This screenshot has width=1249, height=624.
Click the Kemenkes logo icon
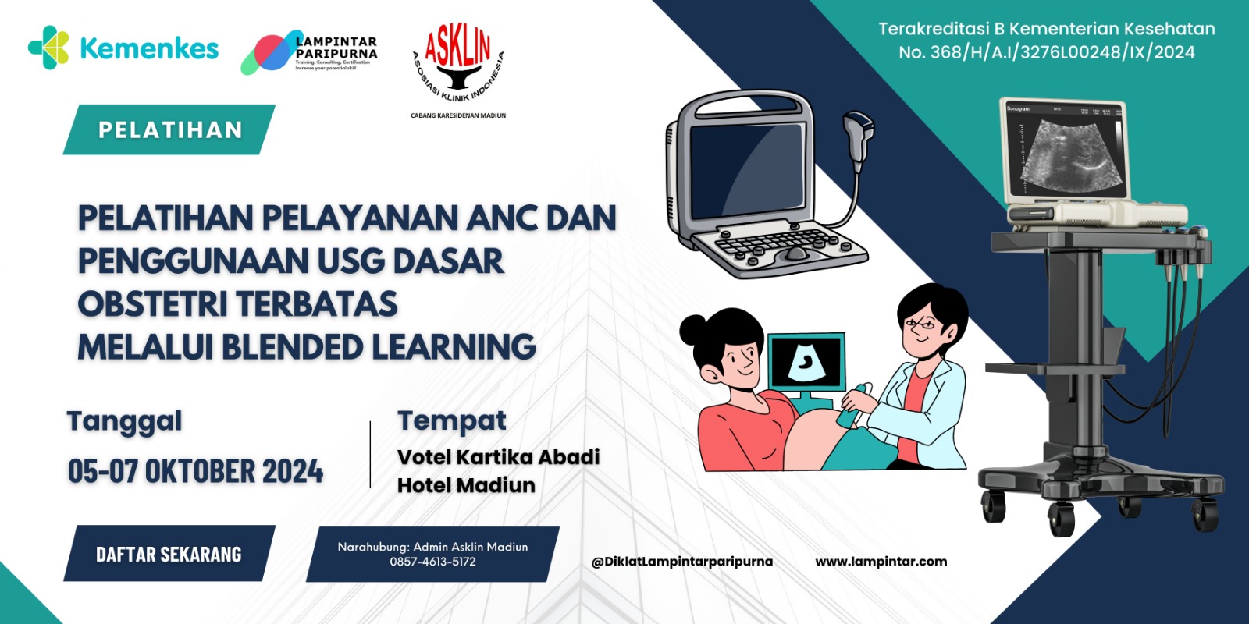coord(48,48)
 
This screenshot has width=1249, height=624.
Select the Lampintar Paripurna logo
coord(309,52)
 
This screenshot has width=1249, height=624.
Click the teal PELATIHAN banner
coord(169,129)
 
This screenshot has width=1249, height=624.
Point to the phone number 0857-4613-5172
coord(432,562)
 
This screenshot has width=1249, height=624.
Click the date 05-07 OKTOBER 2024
coord(195,471)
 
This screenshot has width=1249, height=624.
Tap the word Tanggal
coord(125,422)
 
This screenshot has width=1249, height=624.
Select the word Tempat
coord(452,421)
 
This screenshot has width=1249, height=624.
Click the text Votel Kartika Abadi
coord(498,456)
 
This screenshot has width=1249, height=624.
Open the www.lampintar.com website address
coord(881,561)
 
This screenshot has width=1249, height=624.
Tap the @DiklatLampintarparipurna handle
coord(681,561)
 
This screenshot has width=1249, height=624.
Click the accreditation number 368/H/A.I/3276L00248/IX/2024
coord(1062,52)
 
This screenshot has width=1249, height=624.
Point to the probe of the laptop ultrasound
coord(859,133)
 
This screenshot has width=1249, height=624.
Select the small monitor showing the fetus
coord(806,363)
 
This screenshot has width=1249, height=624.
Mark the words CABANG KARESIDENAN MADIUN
coord(458,115)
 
